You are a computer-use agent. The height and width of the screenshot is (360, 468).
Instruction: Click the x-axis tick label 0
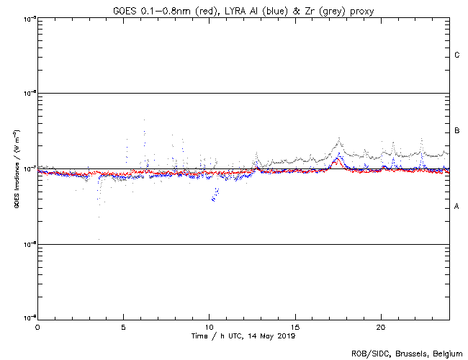click(37, 326)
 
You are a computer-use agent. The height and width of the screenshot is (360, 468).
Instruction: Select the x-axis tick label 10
click(209, 326)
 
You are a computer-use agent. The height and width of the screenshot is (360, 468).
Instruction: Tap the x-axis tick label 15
click(295, 326)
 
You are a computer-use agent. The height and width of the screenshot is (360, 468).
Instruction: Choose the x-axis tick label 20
click(381, 326)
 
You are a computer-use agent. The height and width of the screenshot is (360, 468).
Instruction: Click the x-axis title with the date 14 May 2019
click(243, 336)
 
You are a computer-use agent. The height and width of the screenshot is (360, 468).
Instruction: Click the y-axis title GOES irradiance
click(16, 168)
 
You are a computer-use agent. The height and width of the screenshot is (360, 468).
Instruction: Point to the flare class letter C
click(457, 55)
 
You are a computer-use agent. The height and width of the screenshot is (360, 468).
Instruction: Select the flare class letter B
click(457, 131)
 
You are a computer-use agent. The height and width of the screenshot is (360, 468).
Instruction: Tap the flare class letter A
click(457, 207)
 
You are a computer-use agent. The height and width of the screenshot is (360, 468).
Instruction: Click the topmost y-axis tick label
click(27, 18)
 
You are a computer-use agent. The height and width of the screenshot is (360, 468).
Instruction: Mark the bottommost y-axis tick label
click(27, 318)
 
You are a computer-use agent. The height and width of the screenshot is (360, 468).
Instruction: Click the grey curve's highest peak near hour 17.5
click(338, 138)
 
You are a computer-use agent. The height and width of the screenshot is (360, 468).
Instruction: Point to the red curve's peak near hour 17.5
click(336, 162)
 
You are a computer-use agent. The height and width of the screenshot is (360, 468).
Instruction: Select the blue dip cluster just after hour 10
click(215, 195)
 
